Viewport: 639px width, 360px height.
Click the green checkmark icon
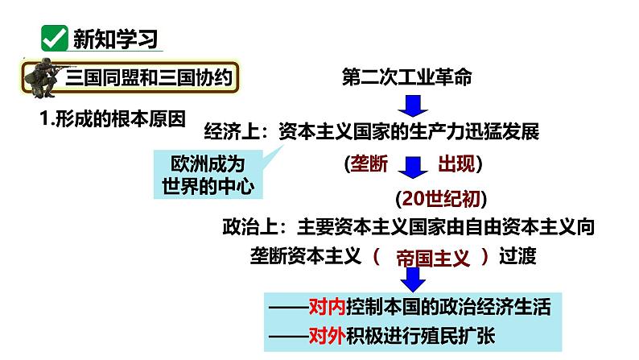coord(53,39)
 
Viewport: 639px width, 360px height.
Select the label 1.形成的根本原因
coord(113,118)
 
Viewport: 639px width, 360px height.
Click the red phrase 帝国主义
coord(432,258)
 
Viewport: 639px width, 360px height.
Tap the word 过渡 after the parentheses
coord(517,257)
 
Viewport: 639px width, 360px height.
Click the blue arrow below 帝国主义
coord(415,279)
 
